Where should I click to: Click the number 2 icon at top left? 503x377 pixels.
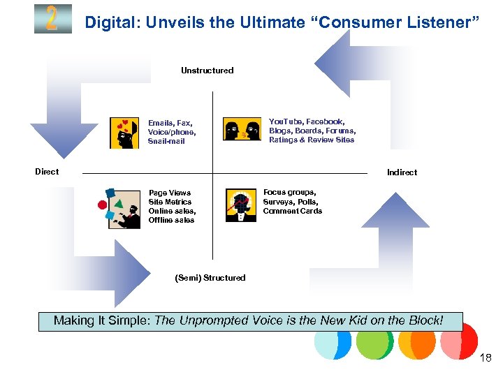(x=52, y=19)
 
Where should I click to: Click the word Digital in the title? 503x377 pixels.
(x=108, y=22)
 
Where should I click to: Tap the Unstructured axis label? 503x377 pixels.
(x=207, y=71)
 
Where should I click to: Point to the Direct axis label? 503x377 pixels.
(x=47, y=172)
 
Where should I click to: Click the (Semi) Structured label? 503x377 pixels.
(x=210, y=278)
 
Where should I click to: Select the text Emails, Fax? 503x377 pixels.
(x=170, y=123)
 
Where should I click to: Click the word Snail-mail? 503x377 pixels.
(x=166, y=141)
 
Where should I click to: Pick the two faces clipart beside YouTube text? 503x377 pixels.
(x=242, y=130)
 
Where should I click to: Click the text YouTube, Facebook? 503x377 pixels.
(x=307, y=121)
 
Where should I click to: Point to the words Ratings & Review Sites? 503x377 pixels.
(x=312, y=140)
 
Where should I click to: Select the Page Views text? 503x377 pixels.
(x=169, y=193)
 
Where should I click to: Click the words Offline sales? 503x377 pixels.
(x=171, y=220)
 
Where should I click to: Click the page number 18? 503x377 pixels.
(x=486, y=358)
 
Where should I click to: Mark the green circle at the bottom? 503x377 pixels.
(x=374, y=341)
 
